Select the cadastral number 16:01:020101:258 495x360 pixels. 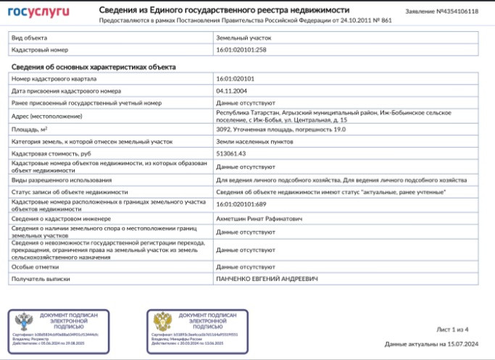(241, 49)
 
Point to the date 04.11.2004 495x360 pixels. (231, 91)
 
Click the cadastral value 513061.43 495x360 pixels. (231, 154)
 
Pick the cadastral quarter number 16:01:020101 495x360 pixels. (236, 78)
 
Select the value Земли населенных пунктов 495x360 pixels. (254, 141)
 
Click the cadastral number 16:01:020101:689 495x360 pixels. (241, 204)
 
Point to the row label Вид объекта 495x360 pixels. (30, 36)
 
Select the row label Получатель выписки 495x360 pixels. (41, 278)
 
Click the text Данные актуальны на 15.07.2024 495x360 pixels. (431, 344)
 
